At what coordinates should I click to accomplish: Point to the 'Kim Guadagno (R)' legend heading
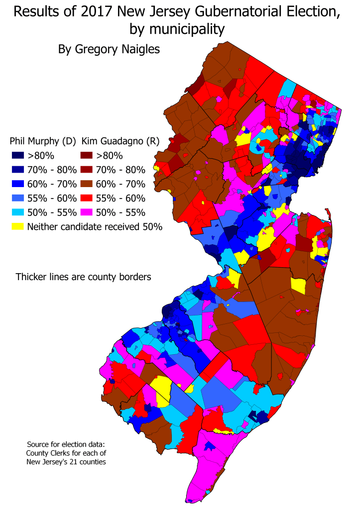120,141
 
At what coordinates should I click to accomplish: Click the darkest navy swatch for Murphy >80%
18,155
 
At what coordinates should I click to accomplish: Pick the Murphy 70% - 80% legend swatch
18,170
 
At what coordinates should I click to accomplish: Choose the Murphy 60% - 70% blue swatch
18,184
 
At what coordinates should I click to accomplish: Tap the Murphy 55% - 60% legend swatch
18,199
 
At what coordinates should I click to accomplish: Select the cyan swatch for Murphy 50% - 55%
18,212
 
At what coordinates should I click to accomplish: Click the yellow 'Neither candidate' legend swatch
18,227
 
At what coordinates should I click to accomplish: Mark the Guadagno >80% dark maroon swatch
88,155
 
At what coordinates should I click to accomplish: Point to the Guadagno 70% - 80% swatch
88,170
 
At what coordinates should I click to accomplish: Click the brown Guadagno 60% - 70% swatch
88,184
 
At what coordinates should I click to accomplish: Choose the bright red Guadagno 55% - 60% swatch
88,199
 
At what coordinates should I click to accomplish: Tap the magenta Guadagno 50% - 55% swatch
88,212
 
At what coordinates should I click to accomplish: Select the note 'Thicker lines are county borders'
83,277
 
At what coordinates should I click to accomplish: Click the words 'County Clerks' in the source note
47,452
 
